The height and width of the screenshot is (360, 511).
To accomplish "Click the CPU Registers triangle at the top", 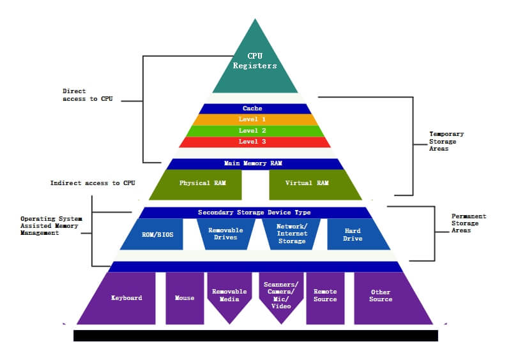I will click(255, 64).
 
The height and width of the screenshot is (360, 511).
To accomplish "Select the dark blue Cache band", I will click(254, 109).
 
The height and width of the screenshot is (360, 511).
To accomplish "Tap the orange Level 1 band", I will click(254, 119).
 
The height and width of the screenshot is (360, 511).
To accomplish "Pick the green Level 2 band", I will click(254, 131).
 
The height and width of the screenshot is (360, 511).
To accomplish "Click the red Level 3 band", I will click(254, 142).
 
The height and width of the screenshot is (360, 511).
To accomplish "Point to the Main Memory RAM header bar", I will click(254, 163).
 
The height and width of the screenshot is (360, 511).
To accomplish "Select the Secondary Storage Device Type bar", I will click(254, 212).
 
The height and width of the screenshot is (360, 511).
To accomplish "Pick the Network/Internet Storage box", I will click(291, 234).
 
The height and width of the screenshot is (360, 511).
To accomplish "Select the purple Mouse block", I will click(185, 298).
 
